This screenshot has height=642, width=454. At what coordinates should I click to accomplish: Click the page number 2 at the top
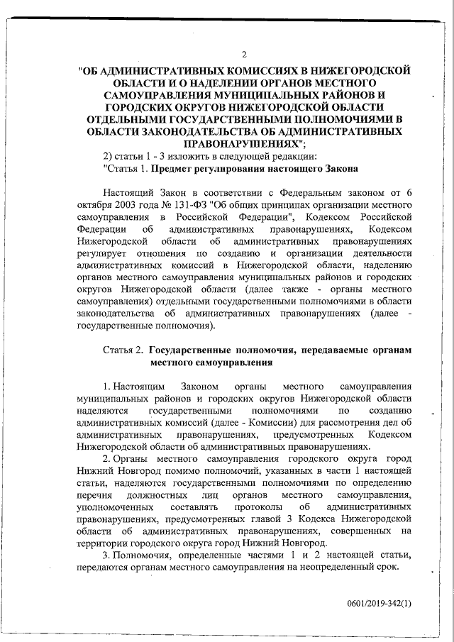click(x=244, y=55)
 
